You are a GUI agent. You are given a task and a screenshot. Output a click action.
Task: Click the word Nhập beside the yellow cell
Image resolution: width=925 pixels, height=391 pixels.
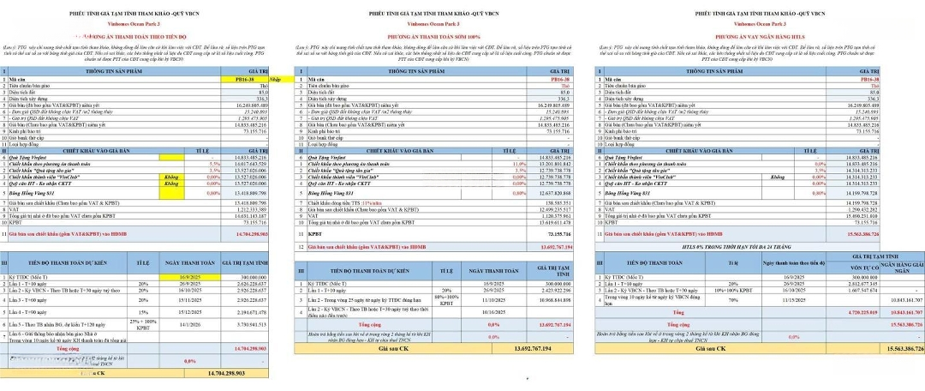point(276,79)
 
